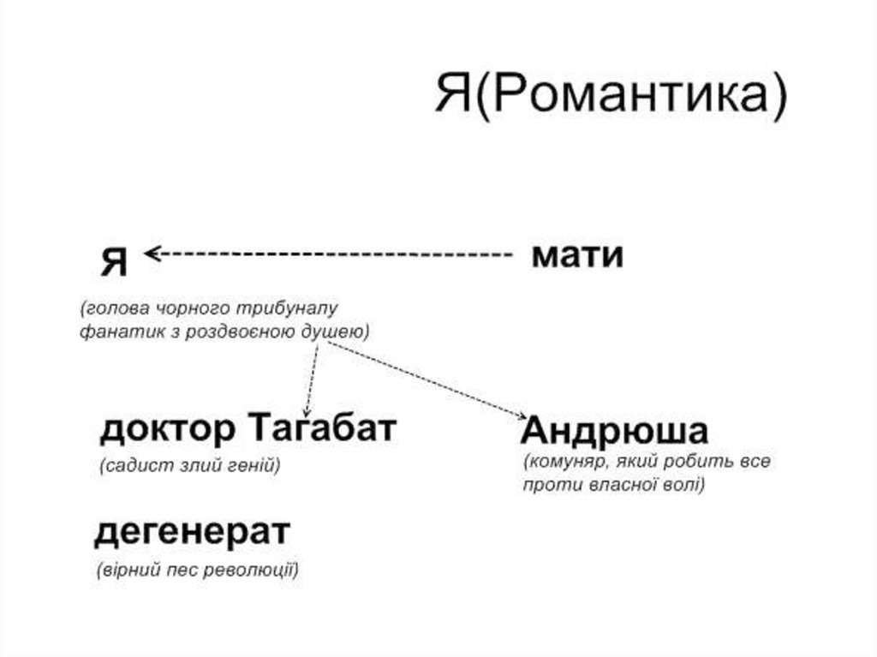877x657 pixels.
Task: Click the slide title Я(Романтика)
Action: [609, 94]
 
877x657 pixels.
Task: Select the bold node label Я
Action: [115, 260]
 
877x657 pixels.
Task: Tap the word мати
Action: [576, 256]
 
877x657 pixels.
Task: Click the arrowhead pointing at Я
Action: [152, 253]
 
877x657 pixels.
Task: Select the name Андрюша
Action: [614, 431]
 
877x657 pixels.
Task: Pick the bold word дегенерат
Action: [192, 533]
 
